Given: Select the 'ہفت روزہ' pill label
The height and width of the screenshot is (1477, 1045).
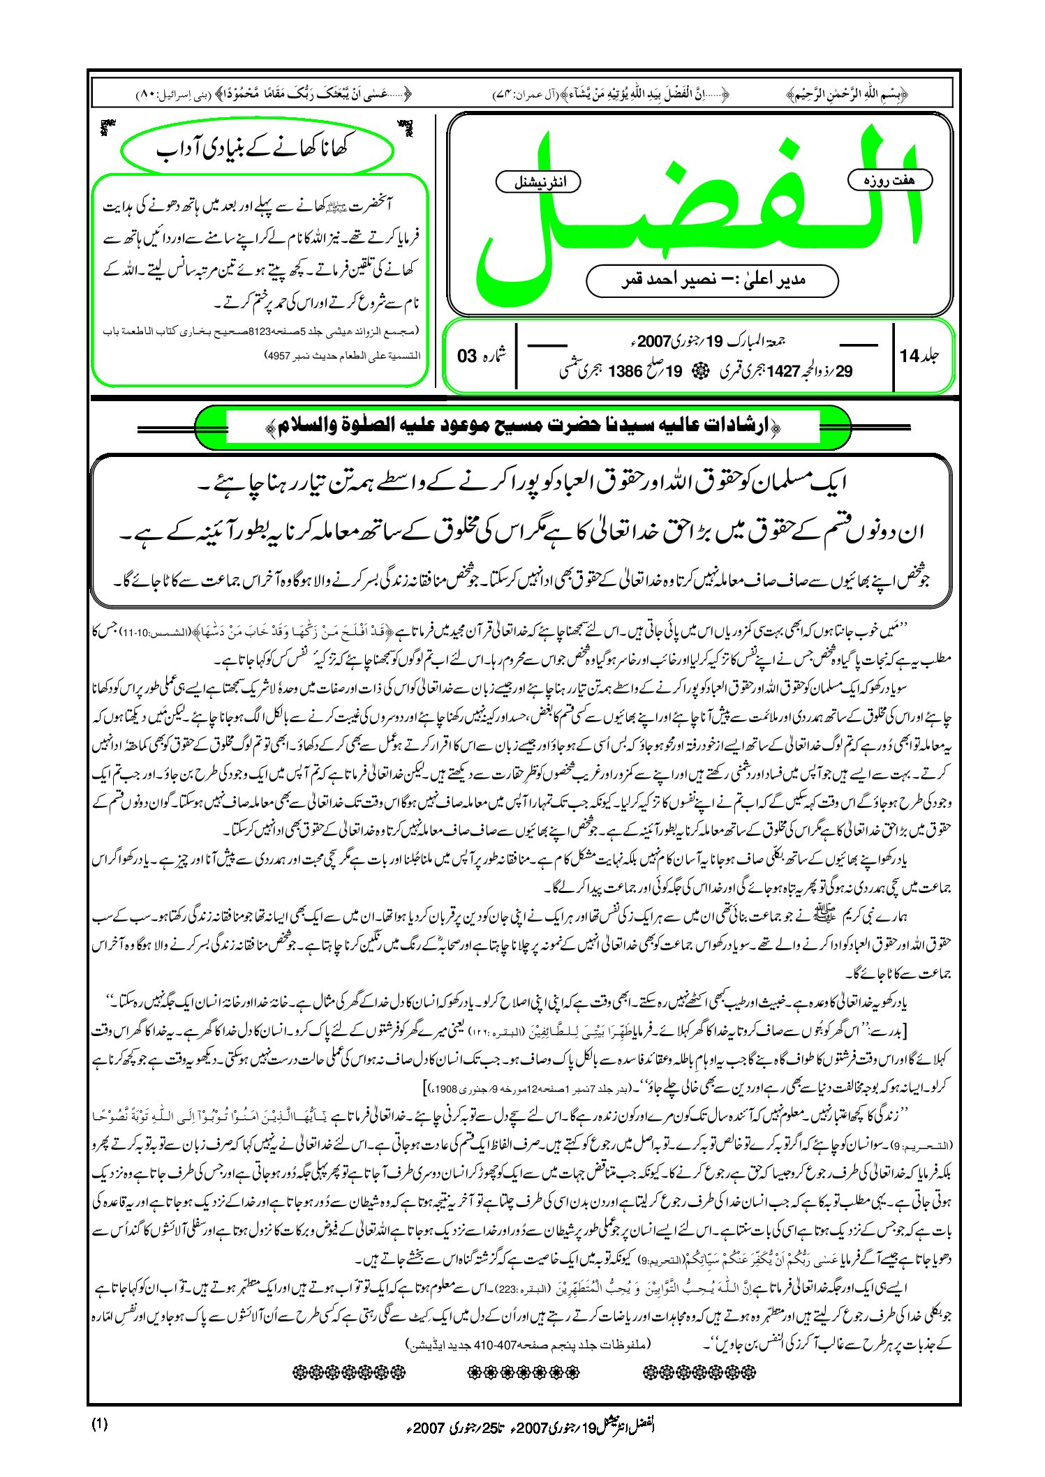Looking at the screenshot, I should [890, 180].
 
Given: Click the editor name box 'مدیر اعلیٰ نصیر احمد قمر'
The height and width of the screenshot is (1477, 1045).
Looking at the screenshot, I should [712, 280].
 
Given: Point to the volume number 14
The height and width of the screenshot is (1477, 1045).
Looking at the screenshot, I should [910, 355].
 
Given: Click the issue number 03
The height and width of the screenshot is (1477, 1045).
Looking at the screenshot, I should [467, 356].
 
